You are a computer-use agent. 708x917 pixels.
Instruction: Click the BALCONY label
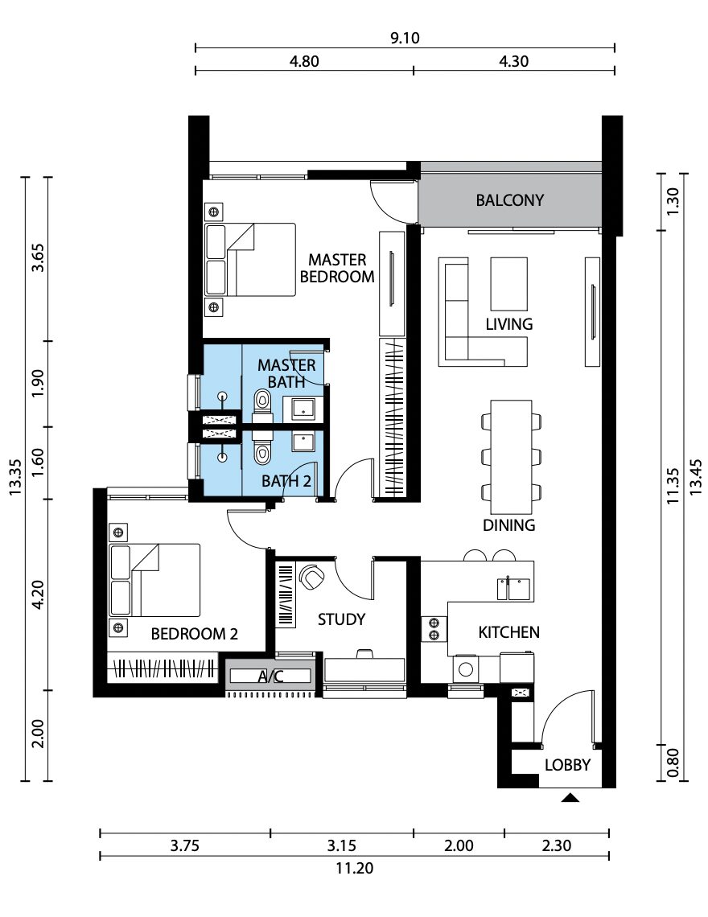tap(509, 200)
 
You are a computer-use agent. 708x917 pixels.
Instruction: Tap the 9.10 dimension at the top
tap(405, 38)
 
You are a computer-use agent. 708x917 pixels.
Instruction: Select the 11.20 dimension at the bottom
tap(355, 868)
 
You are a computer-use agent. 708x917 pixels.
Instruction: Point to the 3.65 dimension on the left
tap(38, 258)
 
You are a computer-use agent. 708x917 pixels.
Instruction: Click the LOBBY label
tap(567, 765)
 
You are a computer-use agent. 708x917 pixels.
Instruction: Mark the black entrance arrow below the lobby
tap(570, 798)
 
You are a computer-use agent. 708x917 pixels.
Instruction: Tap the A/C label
tap(271, 676)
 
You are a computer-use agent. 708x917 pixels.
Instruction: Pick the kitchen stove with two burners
tap(434, 629)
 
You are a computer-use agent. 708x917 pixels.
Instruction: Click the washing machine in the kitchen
tap(466, 669)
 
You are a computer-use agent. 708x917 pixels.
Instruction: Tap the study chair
tap(311, 576)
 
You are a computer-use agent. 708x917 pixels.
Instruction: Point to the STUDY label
tap(342, 619)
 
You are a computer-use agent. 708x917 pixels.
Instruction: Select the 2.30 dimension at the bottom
tap(557, 845)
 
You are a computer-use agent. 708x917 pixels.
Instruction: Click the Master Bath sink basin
tap(303, 409)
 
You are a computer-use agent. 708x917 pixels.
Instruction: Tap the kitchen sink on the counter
tap(514, 589)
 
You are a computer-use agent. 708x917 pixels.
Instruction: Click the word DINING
tap(509, 525)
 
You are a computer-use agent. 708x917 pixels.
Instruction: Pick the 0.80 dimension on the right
tap(673, 763)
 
